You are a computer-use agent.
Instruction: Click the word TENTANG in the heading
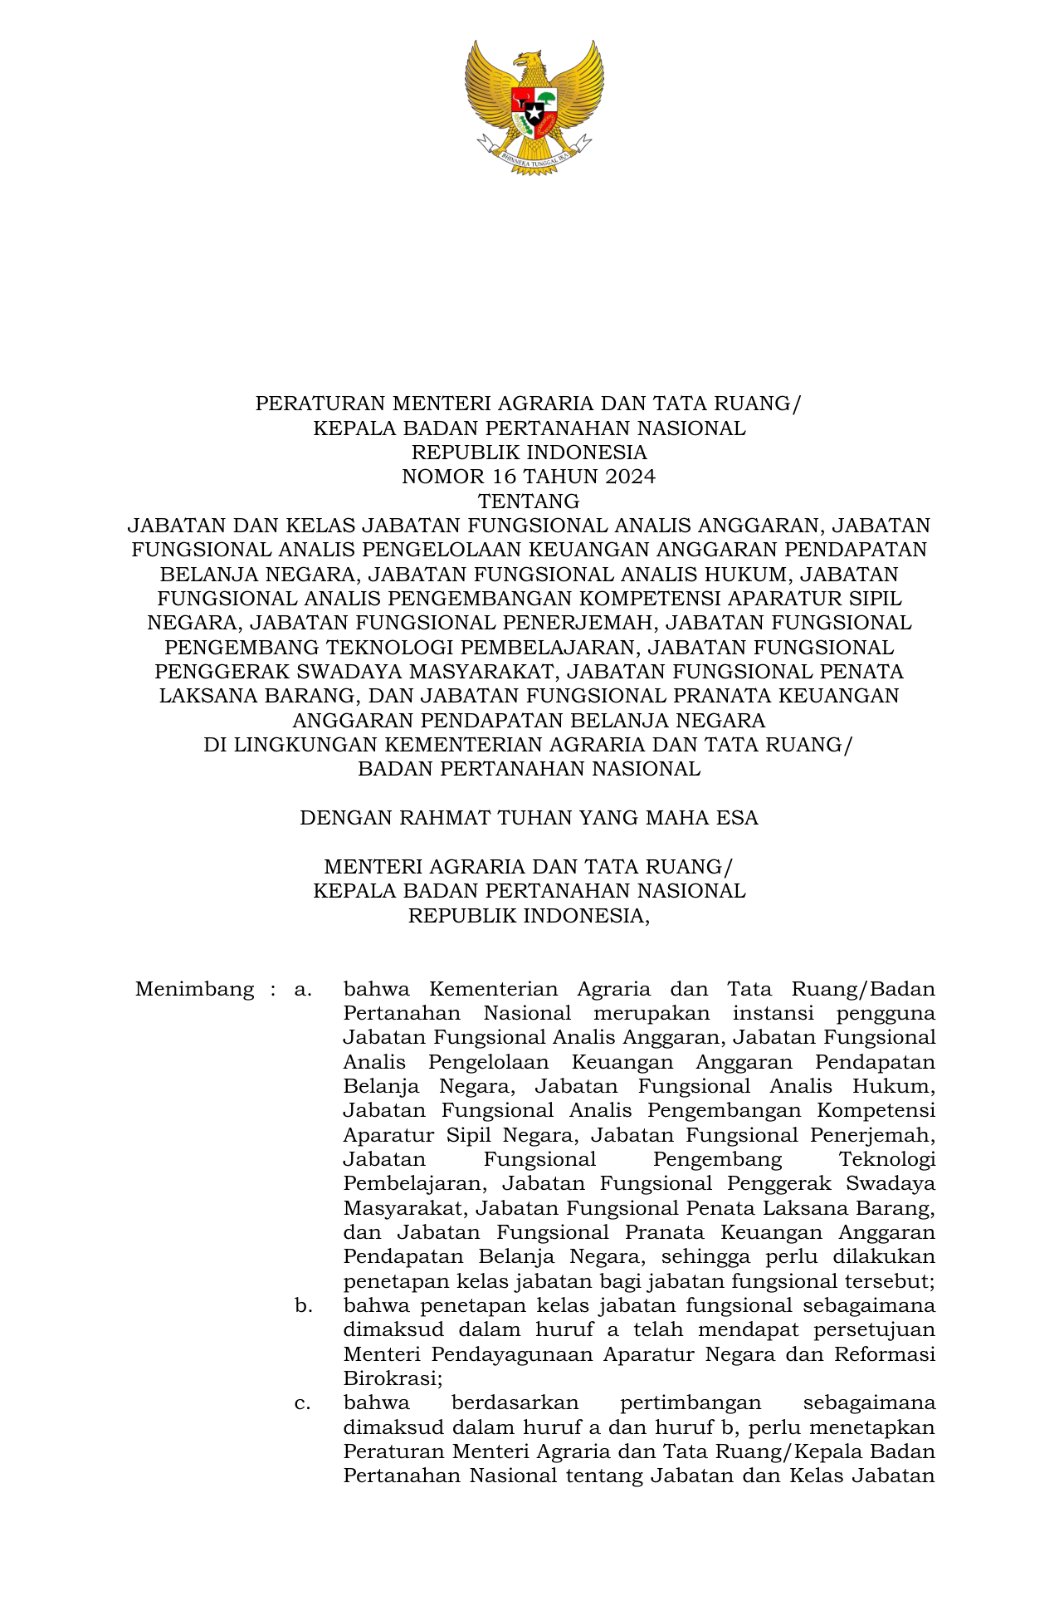pyautogui.click(x=529, y=502)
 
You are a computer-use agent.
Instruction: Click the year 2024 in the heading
pyautogui.click(x=630, y=477)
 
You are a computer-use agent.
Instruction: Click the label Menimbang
pyautogui.click(x=194, y=990)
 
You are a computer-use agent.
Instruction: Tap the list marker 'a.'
pyautogui.click(x=303, y=990)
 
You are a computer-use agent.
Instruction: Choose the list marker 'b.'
pyautogui.click(x=304, y=1306)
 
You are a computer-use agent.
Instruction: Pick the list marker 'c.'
pyautogui.click(x=303, y=1403)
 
